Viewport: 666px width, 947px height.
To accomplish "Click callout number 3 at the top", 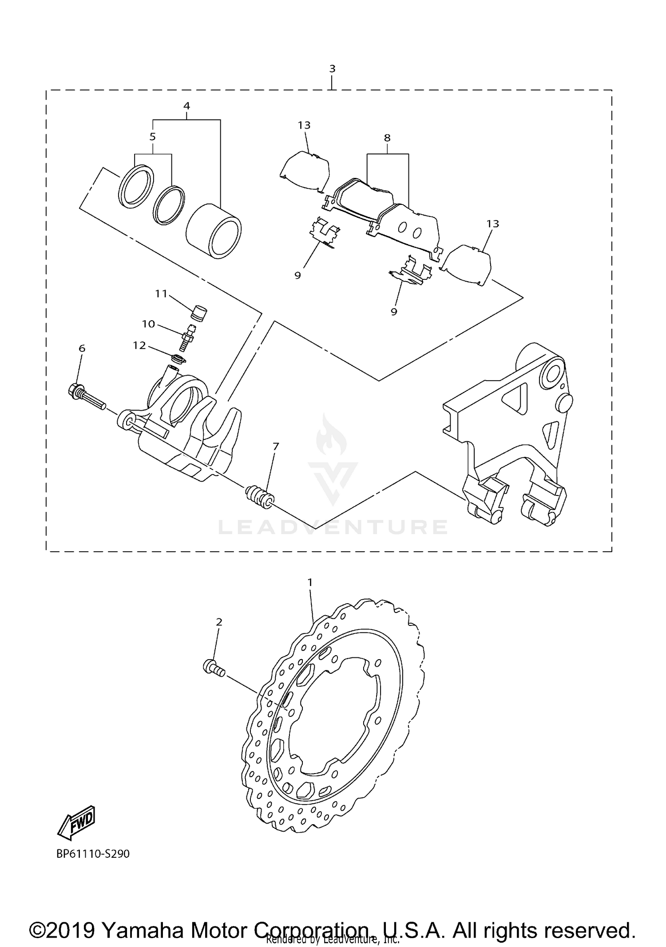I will click(332, 69).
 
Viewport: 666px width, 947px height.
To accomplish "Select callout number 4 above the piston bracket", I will click(186, 106).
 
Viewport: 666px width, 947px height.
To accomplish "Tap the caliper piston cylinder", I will click(214, 231).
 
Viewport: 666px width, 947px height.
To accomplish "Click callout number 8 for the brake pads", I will click(387, 138).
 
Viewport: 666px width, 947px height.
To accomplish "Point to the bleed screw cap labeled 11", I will click(198, 312).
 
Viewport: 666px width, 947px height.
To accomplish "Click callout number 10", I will click(148, 324).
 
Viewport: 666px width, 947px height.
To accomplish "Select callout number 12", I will click(139, 345).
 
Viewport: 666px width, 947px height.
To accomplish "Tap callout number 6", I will click(82, 349).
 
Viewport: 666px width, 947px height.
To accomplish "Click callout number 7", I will click(276, 446).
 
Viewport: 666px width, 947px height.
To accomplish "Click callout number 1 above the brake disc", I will click(310, 581).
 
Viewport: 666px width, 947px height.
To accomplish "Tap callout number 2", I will click(219, 622).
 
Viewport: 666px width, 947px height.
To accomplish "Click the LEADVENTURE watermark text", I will click(333, 527).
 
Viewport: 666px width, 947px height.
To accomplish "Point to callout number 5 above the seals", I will click(153, 137).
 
